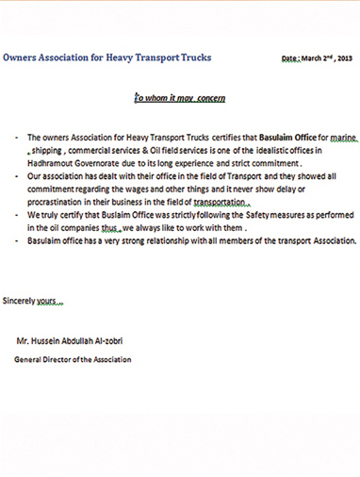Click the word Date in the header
289,58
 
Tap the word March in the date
313,58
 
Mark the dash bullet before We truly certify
18,216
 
